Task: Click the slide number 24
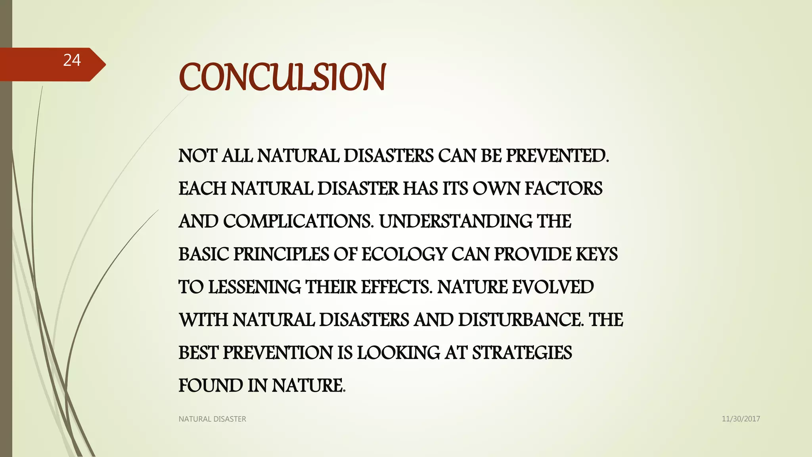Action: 72,60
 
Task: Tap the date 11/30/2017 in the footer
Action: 741,419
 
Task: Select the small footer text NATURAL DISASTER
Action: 212,419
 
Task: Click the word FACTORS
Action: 563,188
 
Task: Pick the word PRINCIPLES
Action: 281,254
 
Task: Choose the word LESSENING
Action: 255,287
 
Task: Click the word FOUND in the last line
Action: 211,386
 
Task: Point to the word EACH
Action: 202,188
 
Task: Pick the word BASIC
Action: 203,254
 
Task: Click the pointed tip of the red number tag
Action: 105,64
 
